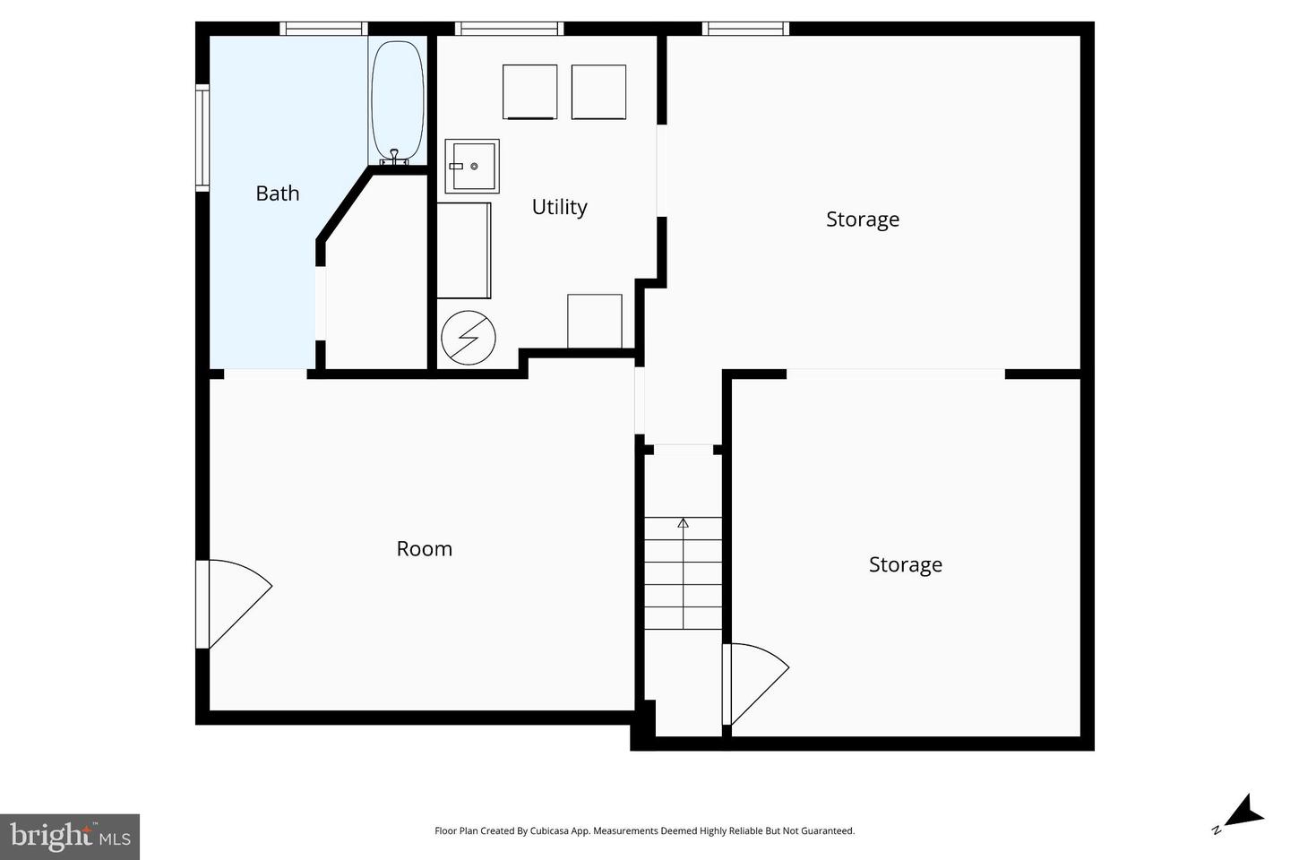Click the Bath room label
(x=277, y=193)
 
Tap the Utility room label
(x=559, y=207)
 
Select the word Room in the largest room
(x=424, y=548)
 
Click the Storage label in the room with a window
(x=862, y=219)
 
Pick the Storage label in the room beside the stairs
(x=905, y=564)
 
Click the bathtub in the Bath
(x=397, y=99)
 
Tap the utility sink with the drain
(x=472, y=166)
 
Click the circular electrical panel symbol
(x=468, y=338)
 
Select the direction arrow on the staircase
(x=684, y=523)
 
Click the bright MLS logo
(x=70, y=837)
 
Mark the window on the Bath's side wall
(x=202, y=138)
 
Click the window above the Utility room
(x=509, y=29)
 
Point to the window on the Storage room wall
(x=745, y=29)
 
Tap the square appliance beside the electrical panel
(x=595, y=321)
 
